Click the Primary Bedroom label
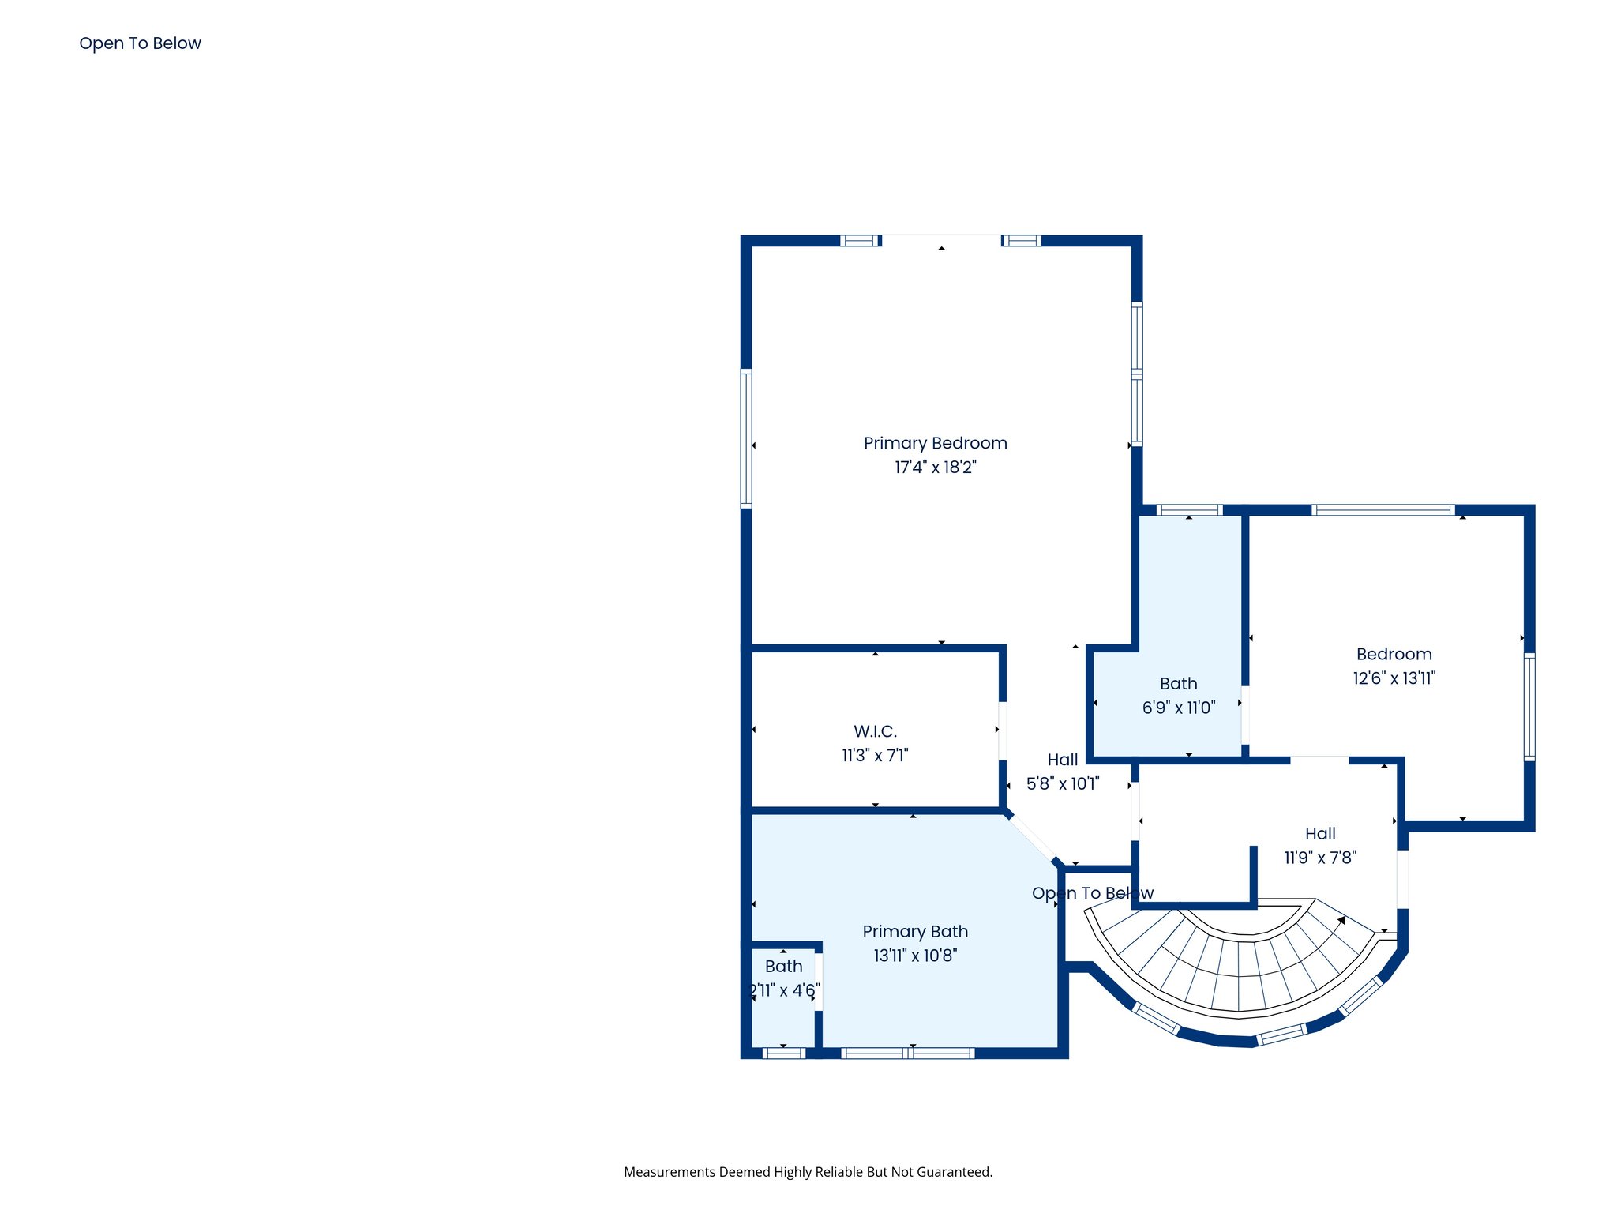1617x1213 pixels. point(935,443)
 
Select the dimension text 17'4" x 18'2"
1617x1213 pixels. point(935,468)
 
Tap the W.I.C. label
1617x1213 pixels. point(875,731)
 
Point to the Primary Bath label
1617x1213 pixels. point(915,932)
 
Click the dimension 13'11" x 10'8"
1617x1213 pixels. point(915,956)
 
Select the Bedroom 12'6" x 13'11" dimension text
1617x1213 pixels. point(1394,678)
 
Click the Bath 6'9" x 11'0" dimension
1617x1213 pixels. point(1178,708)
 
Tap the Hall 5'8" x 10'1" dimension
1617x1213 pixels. point(1062,784)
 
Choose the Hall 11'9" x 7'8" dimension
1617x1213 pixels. point(1319,858)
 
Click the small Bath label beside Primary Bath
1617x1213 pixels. point(783,967)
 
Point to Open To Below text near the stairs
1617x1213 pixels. point(1092,893)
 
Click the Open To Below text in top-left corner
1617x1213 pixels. point(140,43)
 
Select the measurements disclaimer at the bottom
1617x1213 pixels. point(808,1172)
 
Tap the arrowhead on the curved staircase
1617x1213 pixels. point(1341,920)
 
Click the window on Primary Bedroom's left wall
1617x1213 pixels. point(745,438)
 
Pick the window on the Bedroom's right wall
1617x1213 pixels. point(1529,707)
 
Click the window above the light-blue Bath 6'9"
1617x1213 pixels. point(1189,510)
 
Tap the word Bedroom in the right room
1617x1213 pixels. point(1394,654)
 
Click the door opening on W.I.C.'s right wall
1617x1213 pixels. point(1003,731)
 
